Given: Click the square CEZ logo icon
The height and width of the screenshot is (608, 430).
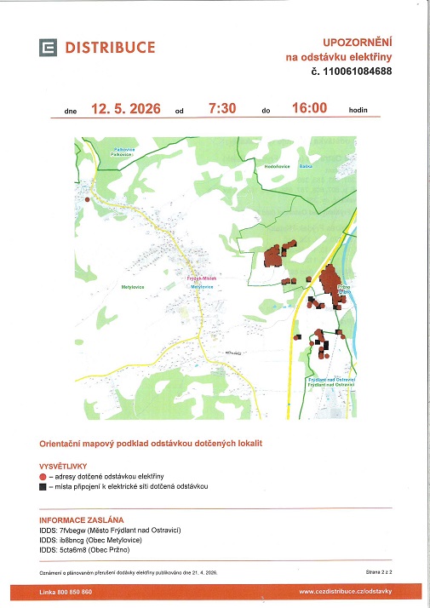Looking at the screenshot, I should [47, 48].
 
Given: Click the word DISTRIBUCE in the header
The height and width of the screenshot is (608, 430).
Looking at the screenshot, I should [110, 48].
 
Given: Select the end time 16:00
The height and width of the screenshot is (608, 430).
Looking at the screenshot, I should [309, 108].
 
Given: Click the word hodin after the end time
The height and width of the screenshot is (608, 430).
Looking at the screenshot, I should [358, 111].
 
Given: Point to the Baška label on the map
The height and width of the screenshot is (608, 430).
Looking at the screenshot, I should [307, 167].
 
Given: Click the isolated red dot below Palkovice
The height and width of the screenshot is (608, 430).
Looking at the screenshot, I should [89, 199].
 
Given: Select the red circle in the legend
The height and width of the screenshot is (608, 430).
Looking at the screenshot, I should [43, 476].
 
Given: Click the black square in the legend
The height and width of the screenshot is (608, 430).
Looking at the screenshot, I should [43, 487].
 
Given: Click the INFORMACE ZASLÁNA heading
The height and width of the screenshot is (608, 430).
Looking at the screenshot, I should [82, 519].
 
